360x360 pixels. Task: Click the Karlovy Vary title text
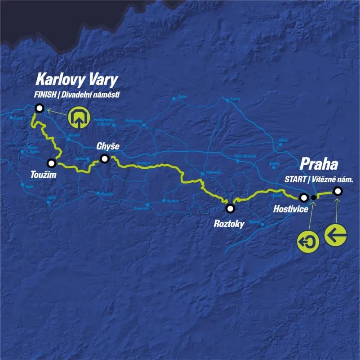76,80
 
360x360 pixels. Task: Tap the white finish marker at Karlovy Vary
40,108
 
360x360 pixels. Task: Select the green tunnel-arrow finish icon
79,117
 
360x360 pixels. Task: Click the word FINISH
46,95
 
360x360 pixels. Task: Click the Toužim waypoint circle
52,163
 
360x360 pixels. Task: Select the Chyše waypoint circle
105,158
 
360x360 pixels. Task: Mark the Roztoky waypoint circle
230,208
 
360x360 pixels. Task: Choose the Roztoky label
230,222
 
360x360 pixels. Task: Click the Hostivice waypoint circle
304,197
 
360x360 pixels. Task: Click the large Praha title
319,163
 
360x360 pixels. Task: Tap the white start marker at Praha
338,191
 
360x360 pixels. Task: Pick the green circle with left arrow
335,235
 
